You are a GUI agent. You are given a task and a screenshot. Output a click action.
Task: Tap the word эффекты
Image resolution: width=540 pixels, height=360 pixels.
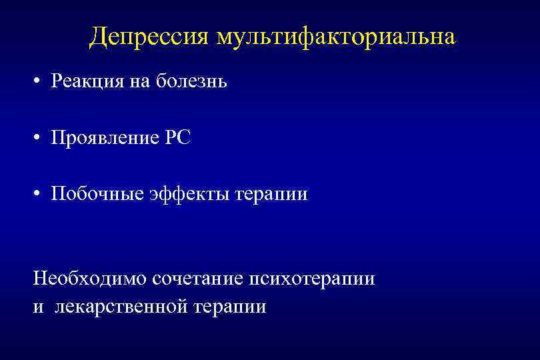[x=188, y=194]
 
